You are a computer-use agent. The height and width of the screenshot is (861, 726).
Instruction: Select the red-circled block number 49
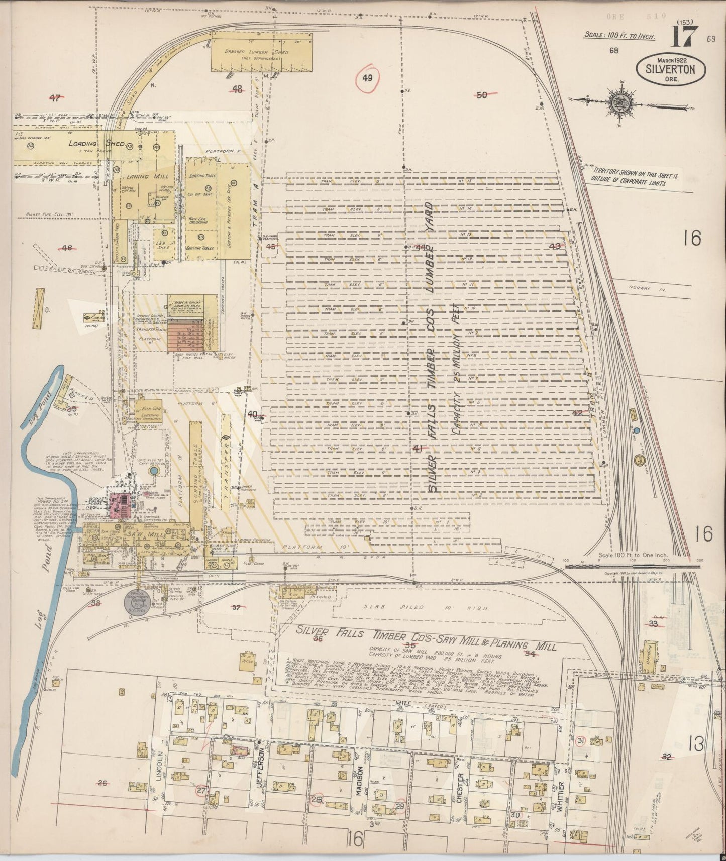click(x=367, y=78)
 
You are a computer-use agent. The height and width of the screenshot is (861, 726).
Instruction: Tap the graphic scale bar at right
click(x=633, y=566)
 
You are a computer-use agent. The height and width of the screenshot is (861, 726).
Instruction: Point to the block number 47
click(x=55, y=97)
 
